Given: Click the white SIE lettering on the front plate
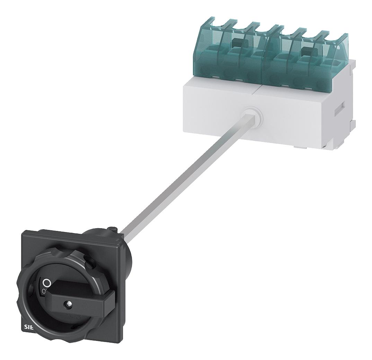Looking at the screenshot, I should [30, 326].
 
